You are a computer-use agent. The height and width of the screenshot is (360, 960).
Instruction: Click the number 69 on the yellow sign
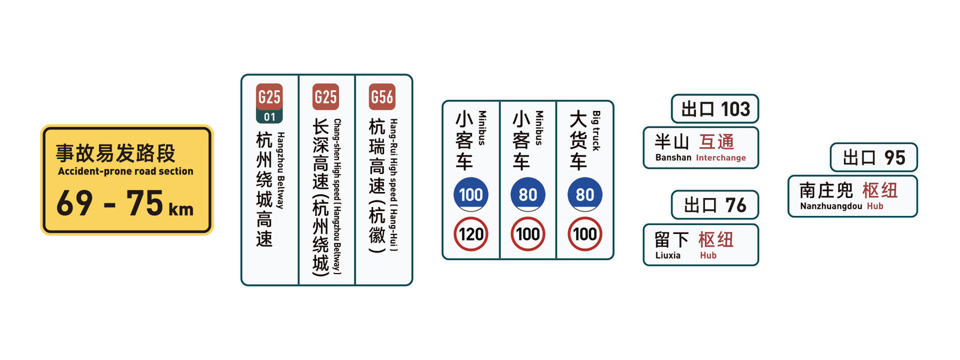point(74,203)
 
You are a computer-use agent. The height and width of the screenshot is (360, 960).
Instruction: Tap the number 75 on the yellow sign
point(145,203)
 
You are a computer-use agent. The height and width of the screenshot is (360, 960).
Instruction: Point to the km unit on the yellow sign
point(181,209)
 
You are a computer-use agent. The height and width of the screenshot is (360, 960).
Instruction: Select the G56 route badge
point(382,97)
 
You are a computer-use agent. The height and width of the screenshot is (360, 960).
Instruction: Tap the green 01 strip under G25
point(269,117)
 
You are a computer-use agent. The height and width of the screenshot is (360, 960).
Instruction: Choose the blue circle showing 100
point(471,194)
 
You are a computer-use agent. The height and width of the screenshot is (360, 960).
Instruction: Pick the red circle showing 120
point(471,234)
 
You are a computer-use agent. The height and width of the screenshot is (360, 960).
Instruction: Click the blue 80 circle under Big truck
point(585,194)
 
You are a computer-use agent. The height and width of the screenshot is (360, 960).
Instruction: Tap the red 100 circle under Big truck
point(585,234)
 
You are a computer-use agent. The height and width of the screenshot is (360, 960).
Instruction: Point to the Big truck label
point(596,130)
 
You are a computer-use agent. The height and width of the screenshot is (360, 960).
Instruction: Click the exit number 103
point(735,109)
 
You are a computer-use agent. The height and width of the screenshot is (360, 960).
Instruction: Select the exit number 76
point(736,206)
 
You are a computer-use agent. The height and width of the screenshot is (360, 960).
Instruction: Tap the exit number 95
point(894,158)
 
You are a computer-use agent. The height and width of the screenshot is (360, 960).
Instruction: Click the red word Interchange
point(721,158)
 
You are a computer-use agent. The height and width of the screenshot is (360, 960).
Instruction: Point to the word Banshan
point(673,158)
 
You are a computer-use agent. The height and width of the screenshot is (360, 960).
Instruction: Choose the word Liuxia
point(668,256)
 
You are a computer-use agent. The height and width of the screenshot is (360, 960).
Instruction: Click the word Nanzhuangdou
point(830,206)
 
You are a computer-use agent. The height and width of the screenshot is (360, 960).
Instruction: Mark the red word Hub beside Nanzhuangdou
point(875,206)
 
